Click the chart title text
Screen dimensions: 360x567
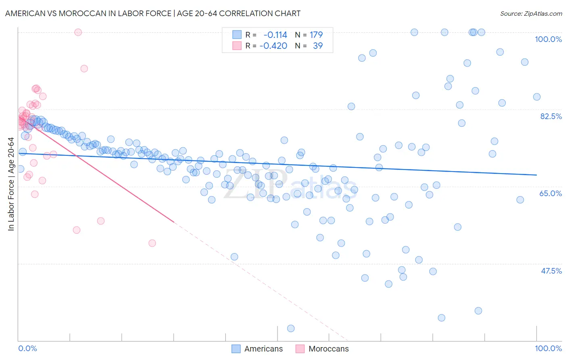(x=152, y=13)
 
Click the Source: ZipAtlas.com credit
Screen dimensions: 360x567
(x=531, y=13)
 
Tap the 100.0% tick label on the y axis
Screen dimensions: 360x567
(x=548, y=39)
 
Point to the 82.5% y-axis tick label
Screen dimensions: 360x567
(x=550, y=116)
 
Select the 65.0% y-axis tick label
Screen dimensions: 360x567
(x=550, y=193)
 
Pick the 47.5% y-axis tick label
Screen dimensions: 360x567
(x=551, y=271)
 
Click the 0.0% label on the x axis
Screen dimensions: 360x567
(x=28, y=348)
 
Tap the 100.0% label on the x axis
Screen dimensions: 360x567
(x=548, y=348)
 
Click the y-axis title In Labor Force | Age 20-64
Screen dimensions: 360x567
(x=11, y=184)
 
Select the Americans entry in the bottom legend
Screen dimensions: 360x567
(x=263, y=349)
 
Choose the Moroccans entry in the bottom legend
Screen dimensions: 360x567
(x=328, y=349)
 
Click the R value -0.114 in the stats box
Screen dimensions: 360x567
(x=275, y=35)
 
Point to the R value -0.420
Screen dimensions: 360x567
(x=273, y=46)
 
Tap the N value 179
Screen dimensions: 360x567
(x=316, y=35)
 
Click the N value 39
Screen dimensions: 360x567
(x=318, y=46)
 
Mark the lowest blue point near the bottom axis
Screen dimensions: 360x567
(x=291, y=329)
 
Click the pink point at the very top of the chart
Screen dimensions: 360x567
(x=78, y=32)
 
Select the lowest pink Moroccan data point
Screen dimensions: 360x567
(x=152, y=243)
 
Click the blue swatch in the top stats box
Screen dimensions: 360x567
(x=237, y=35)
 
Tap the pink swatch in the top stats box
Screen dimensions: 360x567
(x=237, y=46)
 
